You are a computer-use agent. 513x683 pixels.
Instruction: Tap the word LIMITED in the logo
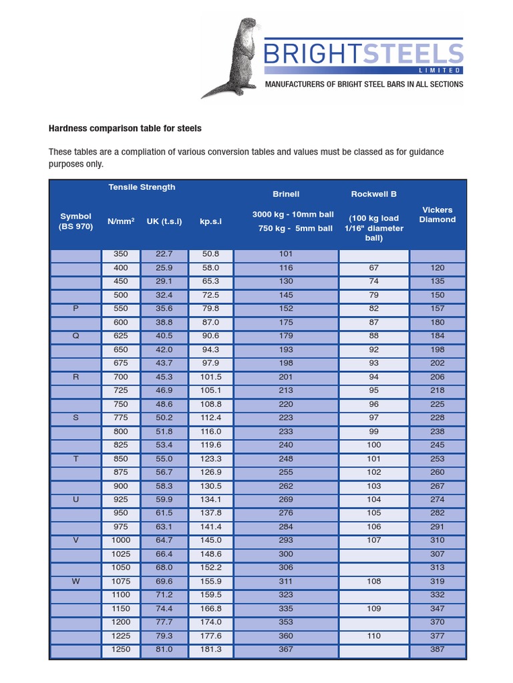(440, 70)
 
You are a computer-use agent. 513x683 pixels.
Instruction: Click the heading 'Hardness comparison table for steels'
(125, 128)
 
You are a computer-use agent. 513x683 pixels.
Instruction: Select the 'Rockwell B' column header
(374, 194)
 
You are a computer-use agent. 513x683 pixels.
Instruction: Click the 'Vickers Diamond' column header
(438, 214)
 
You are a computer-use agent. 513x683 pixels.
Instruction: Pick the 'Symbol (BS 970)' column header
(75, 221)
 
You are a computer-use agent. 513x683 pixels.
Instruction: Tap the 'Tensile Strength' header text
(142, 187)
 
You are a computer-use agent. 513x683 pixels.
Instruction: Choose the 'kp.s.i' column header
(210, 221)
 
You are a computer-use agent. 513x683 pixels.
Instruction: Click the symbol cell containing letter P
(75, 309)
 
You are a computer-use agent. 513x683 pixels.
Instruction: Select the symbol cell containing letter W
(75, 582)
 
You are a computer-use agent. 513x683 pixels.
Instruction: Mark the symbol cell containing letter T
(75, 459)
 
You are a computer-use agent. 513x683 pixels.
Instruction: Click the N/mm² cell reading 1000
(121, 540)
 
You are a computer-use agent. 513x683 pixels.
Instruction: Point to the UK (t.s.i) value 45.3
(164, 377)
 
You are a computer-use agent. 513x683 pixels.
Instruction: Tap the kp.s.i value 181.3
(210, 650)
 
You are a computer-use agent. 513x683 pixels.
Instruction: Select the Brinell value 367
(286, 650)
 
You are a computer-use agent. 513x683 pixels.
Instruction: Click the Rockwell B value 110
(374, 636)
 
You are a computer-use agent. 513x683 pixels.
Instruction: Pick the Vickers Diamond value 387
(438, 650)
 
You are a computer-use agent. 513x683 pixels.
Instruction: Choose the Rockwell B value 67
(374, 267)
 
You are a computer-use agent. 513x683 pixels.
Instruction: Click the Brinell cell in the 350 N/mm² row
(286, 254)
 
